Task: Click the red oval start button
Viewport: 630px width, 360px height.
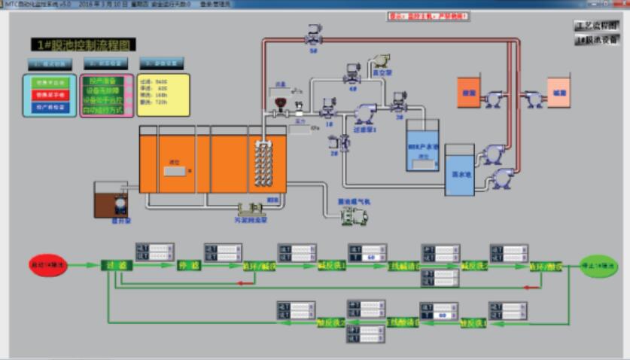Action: pyautogui.click(x=47, y=265)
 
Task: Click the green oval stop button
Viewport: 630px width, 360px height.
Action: pyautogui.click(x=598, y=266)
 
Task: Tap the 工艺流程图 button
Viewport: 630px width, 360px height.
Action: pyautogui.click(x=596, y=26)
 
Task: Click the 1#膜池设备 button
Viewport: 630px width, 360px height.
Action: pyautogui.click(x=596, y=40)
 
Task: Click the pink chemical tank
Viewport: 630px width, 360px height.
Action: pyautogui.click(x=558, y=92)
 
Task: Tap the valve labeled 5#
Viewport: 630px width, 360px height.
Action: pyautogui.click(x=313, y=34)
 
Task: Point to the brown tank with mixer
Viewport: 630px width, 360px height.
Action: pyautogui.click(x=111, y=200)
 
